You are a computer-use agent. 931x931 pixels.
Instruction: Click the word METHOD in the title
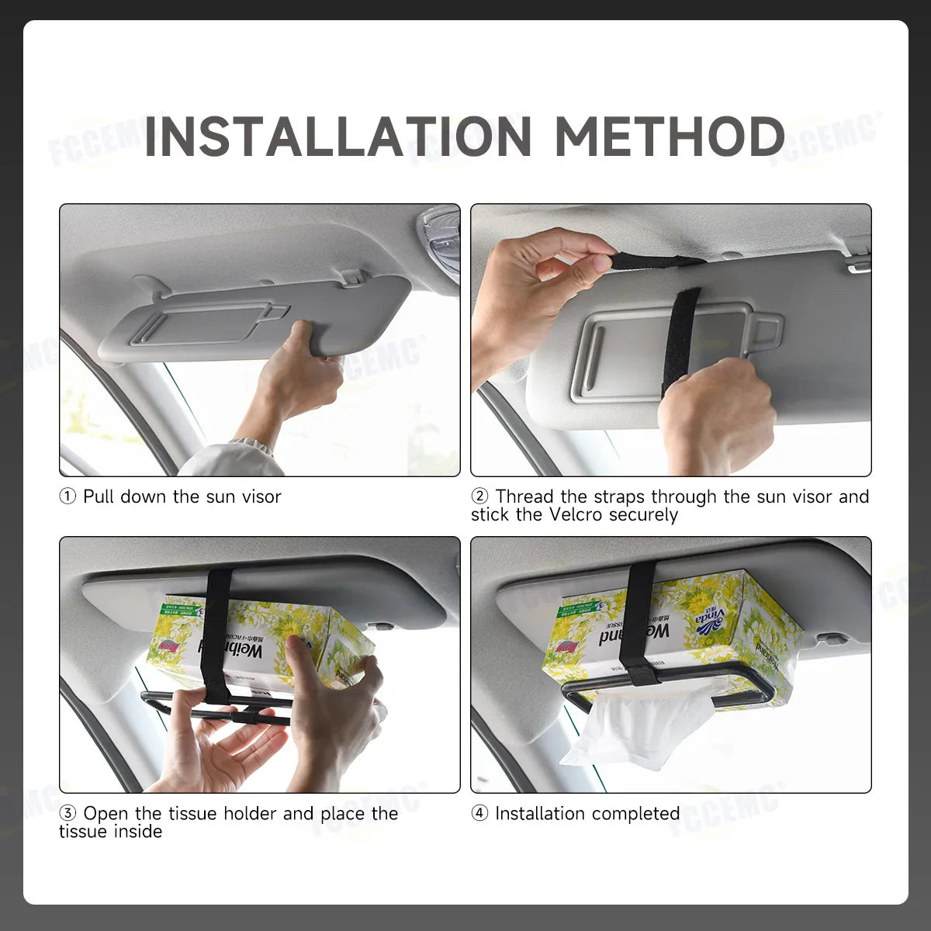tap(670, 137)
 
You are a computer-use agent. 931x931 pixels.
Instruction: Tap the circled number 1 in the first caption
tap(68, 497)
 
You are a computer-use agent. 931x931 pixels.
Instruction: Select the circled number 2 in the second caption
tap(480, 497)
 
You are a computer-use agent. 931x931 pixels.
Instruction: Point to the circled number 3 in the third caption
tap(68, 814)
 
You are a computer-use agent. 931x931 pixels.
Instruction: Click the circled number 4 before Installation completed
tap(480, 814)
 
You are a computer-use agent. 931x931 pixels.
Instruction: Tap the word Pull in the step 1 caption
tap(99, 497)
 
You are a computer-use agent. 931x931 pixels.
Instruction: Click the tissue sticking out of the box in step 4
tap(636, 729)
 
